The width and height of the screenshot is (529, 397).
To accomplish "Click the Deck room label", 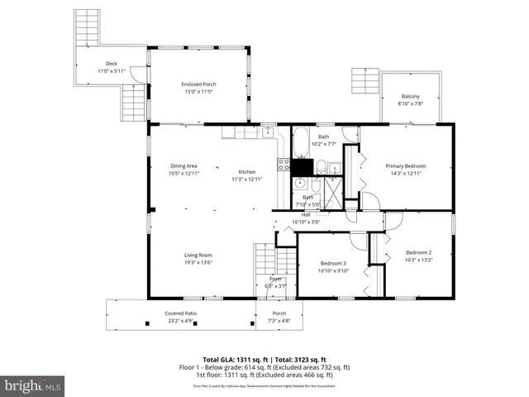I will [x=112, y=64].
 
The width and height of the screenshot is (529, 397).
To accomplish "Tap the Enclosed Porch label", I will [x=198, y=84].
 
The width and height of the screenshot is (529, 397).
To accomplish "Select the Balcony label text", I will [x=411, y=96].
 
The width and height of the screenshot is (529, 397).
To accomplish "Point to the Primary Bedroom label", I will [x=406, y=166].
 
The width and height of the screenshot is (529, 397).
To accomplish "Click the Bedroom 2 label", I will [x=418, y=252].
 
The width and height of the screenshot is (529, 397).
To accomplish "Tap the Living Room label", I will [x=198, y=255].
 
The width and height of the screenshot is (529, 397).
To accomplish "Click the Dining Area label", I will [x=183, y=165].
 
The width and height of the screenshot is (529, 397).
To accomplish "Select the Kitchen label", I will [x=248, y=171].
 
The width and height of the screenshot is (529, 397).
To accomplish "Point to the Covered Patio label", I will [x=180, y=313].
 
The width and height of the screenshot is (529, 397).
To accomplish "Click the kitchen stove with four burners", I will [x=284, y=164].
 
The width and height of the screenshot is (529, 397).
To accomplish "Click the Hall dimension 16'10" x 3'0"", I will [x=305, y=222].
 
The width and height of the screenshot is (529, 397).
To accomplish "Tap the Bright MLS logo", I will [x=33, y=385].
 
